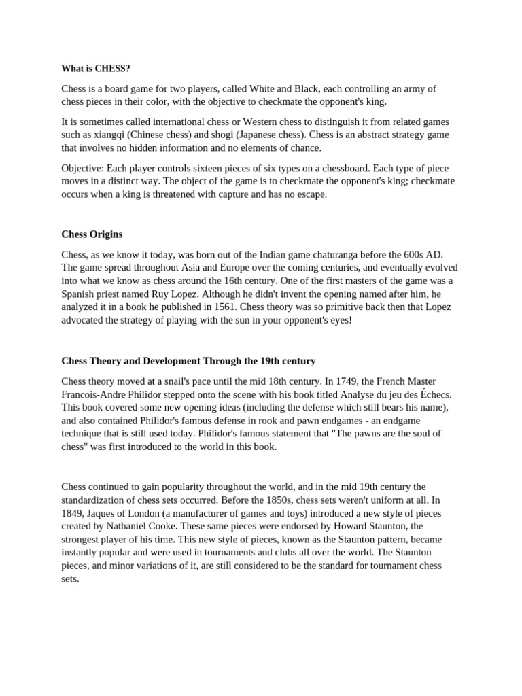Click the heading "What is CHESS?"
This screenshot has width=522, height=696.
coord(96,69)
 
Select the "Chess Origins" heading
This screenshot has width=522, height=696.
coord(92,234)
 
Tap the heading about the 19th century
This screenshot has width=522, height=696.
coord(188,361)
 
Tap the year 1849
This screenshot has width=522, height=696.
coord(74,513)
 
